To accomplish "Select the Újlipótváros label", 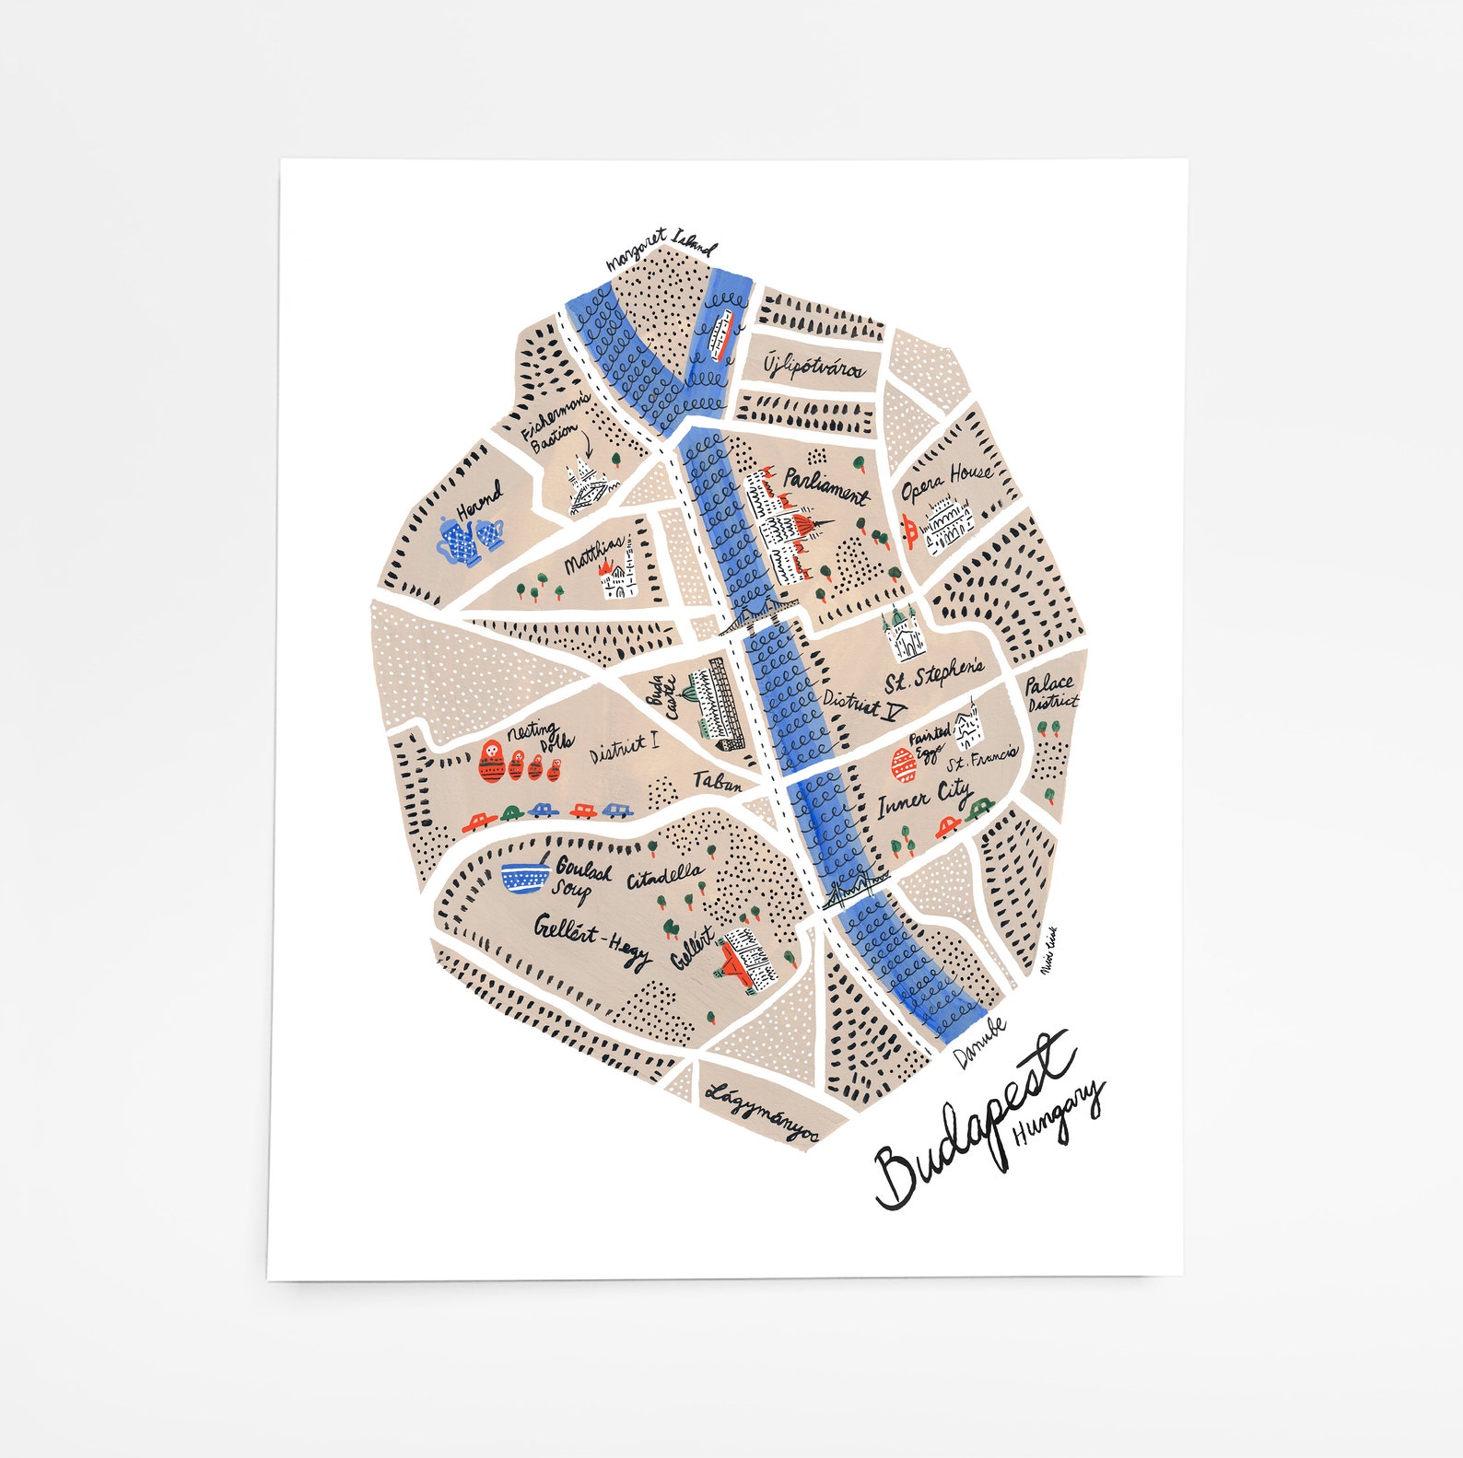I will [813, 367].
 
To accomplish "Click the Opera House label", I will [946, 481].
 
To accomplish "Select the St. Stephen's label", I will [933, 675].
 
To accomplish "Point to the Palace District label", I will [1050, 692].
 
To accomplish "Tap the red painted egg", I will [902, 764].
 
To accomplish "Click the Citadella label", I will [666, 876].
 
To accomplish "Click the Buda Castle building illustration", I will [717, 704].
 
